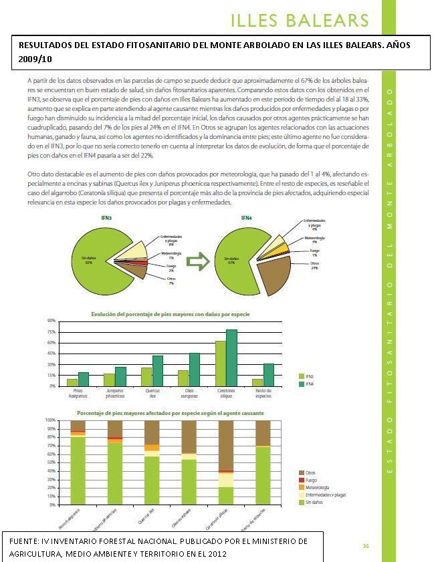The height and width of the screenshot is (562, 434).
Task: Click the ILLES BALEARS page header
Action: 299,21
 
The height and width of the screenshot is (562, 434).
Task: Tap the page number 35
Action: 366,546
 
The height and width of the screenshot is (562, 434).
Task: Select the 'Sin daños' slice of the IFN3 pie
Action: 100,257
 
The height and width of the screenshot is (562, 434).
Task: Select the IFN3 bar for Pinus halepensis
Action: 72,382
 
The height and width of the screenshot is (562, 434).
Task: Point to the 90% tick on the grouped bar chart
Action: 51,321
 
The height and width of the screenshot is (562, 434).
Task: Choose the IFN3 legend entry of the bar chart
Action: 309,376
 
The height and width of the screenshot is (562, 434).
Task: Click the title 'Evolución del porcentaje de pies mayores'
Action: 171,313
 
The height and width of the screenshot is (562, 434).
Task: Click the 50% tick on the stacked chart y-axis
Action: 50,462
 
